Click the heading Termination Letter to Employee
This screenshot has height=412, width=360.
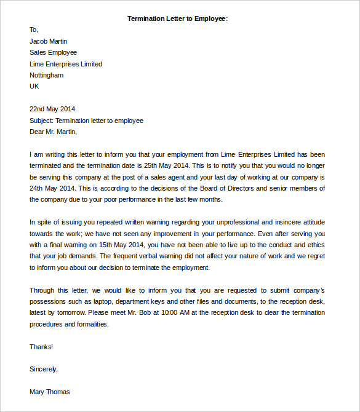pos(177,18)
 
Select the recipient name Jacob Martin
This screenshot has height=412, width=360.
pos(48,41)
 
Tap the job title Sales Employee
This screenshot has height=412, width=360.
pos(53,52)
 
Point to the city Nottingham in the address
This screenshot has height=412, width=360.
pos(46,75)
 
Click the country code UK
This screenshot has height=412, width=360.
pos(34,86)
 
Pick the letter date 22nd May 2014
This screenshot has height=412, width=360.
pos(52,109)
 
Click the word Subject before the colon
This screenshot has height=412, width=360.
pos(41,121)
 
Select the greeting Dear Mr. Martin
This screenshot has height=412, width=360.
pos(53,132)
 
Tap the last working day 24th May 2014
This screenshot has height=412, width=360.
pos(52,188)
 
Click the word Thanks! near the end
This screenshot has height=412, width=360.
pos(41,347)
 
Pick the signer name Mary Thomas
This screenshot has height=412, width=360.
pos(49,392)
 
